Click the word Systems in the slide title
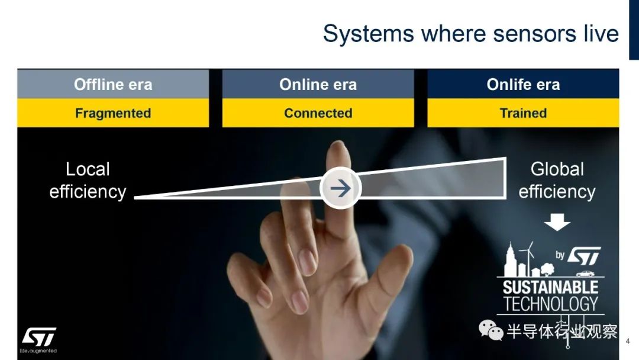[369, 34]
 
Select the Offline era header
[113, 84]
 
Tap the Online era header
[318, 84]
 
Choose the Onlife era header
[523, 84]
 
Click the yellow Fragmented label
[113, 113]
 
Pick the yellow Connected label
[318, 113]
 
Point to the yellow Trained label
[523, 113]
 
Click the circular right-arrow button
[340, 188]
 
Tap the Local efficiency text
[88, 180]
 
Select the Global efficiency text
[557, 180]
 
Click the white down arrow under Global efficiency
[557, 222]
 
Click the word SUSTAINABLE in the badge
[550, 287]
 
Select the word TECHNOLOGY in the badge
[550, 304]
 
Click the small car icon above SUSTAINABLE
[585, 273]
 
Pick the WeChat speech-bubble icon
[490, 330]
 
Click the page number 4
[628, 341]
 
